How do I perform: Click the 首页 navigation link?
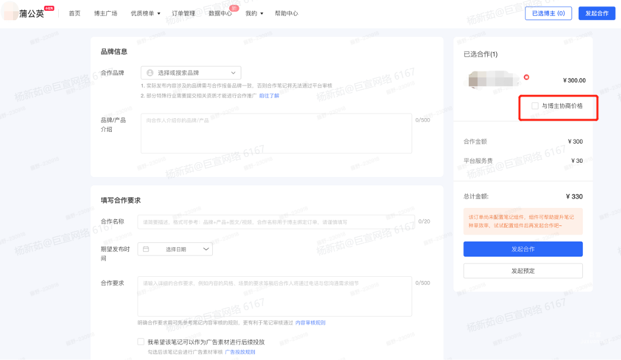tap(74, 13)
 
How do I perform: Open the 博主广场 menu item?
tap(105, 13)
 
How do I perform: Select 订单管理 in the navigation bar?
tap(183, 13)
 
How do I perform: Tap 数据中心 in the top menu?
tap(220, 13)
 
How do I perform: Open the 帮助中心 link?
tap(286, 13)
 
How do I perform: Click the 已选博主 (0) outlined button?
tap(548, 13)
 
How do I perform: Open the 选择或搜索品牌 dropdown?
tap(191, 72)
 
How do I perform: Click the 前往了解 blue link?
tap(269, 96)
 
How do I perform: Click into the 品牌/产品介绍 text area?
tap(276, 133)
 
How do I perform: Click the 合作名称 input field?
tap(276, 222)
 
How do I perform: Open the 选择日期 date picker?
tap(175, 250)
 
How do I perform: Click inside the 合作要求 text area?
tap(275, 296)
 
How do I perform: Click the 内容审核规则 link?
tap(310, 323)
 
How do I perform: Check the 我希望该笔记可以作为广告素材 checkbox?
tap(141, 342)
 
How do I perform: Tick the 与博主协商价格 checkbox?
tap(535, 106)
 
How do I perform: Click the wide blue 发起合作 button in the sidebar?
tap(523, 249)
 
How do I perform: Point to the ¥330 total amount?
tap(574, 197)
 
